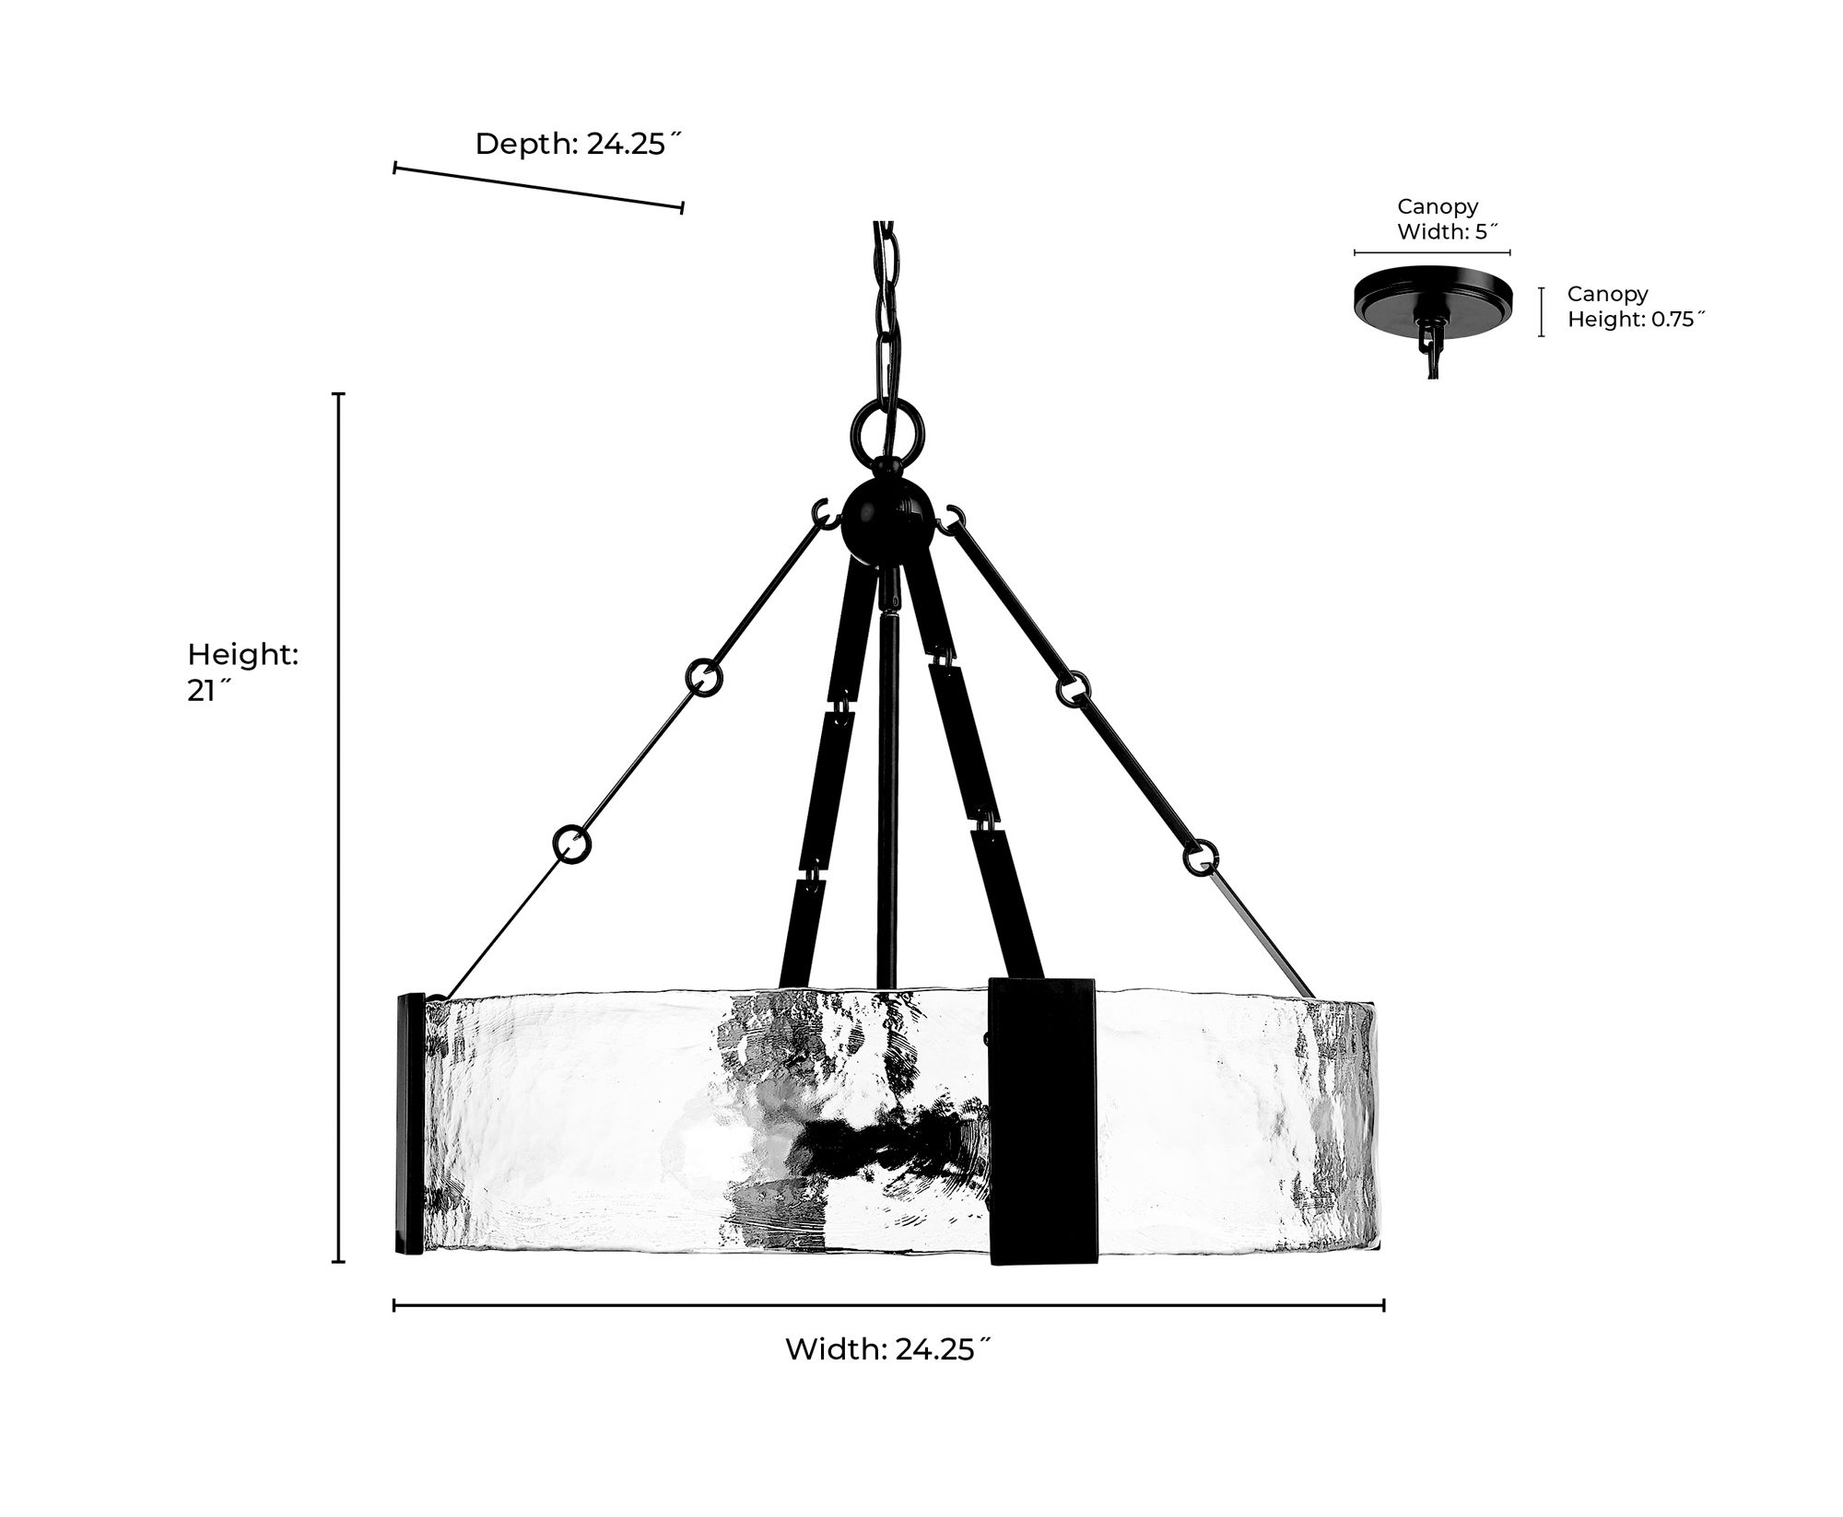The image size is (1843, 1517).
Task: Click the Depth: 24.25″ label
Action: coord(578,144)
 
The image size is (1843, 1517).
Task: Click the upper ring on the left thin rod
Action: coord(703,676)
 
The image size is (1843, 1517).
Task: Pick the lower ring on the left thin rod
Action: coord(572,844)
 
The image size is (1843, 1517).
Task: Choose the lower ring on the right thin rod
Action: coord(1201,855)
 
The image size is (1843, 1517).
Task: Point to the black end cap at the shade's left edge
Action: coord(409,1123)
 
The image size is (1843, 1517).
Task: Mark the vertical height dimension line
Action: coord(339,827)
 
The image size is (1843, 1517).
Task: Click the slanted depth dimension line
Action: coord(538,188)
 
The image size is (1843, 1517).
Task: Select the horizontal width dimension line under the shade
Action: coord(889,1304)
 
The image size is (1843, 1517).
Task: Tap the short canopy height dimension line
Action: coord(1541,311)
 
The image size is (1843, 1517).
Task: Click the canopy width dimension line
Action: coord(1432,251)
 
